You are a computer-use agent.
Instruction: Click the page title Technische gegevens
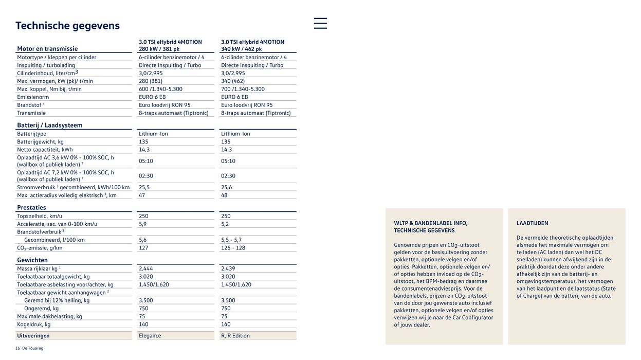coord(67,26)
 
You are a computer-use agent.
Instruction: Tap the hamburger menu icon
coord(320,23)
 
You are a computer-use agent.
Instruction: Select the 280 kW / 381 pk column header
coord(159,49)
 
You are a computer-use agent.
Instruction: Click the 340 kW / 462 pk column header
coord(241,49)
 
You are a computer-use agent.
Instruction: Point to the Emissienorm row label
coord(33,97)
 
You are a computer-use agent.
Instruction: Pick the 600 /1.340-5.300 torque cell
coord(160,89)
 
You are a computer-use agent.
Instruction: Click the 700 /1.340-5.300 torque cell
coord(243,89)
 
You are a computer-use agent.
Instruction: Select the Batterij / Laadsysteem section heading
coord(49,125)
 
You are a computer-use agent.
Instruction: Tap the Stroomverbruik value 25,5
coord(144,188)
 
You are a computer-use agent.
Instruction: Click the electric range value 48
coord(225,195)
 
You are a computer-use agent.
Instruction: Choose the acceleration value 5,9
coord(142,224)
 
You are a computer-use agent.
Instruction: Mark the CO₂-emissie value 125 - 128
coord(233,248)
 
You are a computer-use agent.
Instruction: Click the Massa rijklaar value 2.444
coord(146,269)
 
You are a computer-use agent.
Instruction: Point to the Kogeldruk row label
coord(33,325)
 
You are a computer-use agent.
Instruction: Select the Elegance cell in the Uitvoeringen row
coord(150,336)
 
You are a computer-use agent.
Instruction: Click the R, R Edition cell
coord(235,336)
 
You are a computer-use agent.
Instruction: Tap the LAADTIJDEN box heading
coord(532,223)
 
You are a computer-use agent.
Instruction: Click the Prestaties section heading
coord(31,208)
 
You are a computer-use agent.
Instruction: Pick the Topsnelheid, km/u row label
coord(39,216)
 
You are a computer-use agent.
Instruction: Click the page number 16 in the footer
coord(17,348)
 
